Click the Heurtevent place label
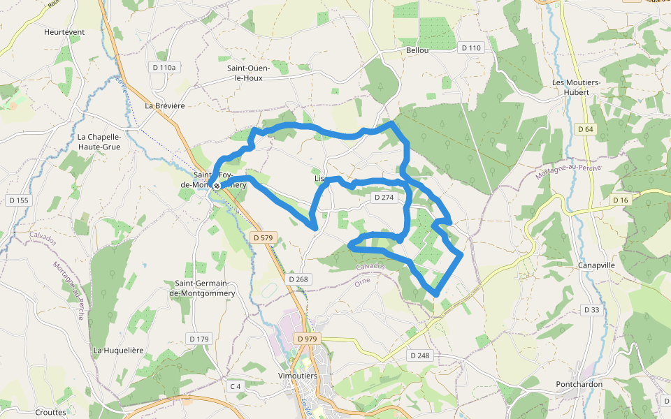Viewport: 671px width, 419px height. (x=64, y=32)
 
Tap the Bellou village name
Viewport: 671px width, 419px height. (x=417, y=50)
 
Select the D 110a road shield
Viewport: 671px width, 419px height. (x=164, y=67)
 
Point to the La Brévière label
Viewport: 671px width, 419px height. (x=164, y=106)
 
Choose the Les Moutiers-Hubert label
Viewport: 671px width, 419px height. (x=576, y=87)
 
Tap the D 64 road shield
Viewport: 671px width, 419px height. (x=586, y=129)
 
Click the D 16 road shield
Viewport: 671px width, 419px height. (x=620, y=200)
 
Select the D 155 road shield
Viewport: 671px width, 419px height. (x=19, y=200)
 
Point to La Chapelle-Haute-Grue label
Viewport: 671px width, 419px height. (x=99, y=142)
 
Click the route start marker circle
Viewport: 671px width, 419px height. (x=217, y=186)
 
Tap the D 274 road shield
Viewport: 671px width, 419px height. (x=384, y=198)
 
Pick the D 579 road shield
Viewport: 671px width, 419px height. (x=262, y=238)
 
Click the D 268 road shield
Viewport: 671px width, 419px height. (x=298, y=279)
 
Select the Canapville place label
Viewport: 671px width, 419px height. (x=596, y=266)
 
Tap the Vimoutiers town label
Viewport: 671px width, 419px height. (x=297, y=376)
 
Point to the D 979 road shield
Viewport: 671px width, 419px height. (x=306, y=339)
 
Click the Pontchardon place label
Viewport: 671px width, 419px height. (x=579, y=385)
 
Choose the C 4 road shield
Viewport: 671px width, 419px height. (x=235, y=386)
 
